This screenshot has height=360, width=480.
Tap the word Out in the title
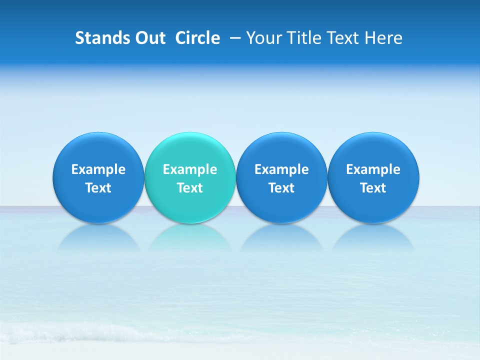click(x=149, y=38)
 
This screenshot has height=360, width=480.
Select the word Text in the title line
click(x=343, y=38)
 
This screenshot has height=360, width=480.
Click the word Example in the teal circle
click(x=190, y=169)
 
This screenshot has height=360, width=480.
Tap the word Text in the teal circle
click(x=190, y=188)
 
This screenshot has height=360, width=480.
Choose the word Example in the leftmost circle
click(x=98, y=169)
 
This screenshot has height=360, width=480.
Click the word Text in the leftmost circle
click(x=98, y=188)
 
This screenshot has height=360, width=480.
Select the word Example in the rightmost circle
click(x=373, y=169)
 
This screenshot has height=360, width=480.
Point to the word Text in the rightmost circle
click(x=373, y=188)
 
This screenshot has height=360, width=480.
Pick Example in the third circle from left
click(x=281, y=169)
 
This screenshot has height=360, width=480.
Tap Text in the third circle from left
click(x=281, y=188)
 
